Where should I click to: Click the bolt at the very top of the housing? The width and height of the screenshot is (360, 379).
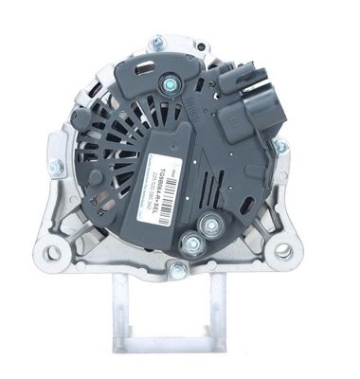coord(157,42)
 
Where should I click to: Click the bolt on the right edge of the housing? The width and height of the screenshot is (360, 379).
coord(280,148)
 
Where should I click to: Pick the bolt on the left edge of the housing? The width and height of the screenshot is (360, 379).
coord(56,168)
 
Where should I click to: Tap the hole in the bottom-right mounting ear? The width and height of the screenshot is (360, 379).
coord(282,251)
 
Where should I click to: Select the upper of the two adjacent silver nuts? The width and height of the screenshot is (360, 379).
coord(209,225)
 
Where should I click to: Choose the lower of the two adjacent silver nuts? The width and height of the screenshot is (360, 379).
coord(193,244)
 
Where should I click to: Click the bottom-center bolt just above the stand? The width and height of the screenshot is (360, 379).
coord(175,270)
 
